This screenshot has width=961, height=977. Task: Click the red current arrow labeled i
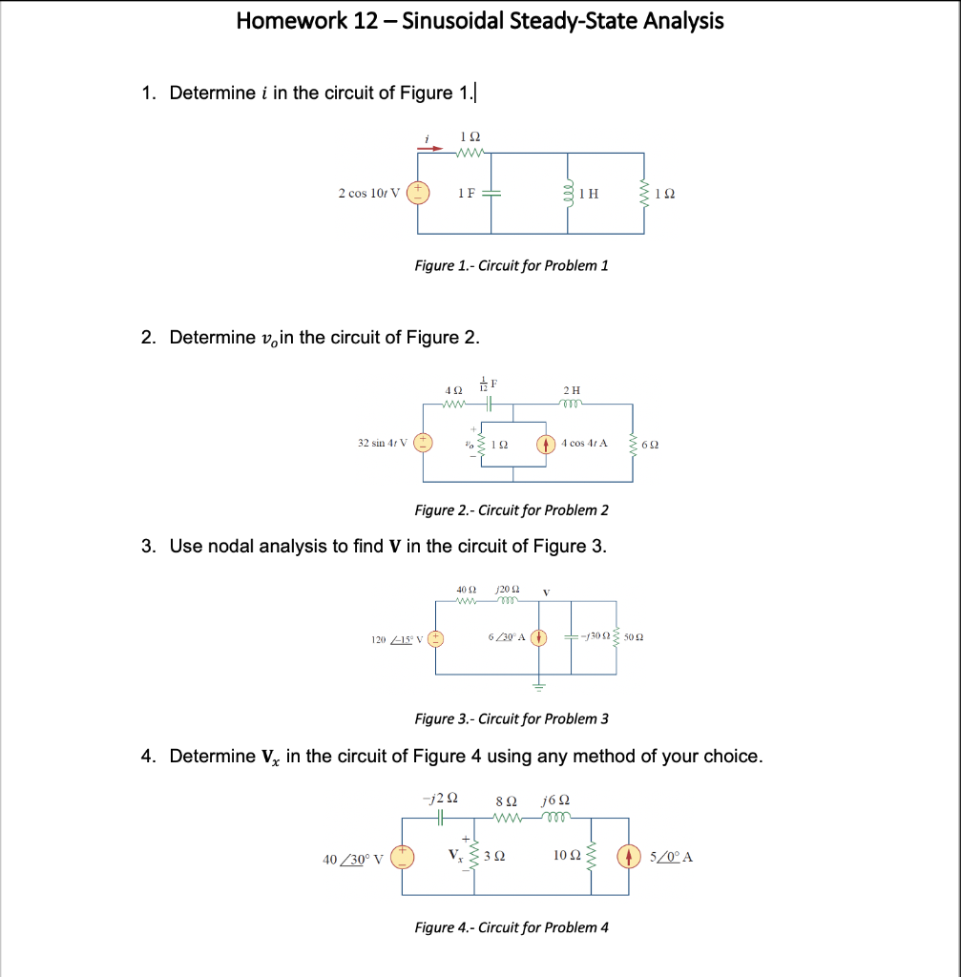[x=432, y=149]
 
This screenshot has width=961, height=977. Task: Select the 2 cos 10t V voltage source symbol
[x=417, y=193]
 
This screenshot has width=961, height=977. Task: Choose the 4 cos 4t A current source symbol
[x=546, y=443]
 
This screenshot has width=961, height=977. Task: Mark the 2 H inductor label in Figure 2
[x=572, y=390]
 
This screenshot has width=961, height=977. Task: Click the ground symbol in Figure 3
[x=538, y=685]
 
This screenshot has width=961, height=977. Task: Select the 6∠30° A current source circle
[x=538, y=636]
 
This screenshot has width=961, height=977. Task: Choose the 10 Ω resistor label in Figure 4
[x=564, y=857]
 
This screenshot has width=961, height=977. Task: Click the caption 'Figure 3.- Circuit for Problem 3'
[x=511, y=718]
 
